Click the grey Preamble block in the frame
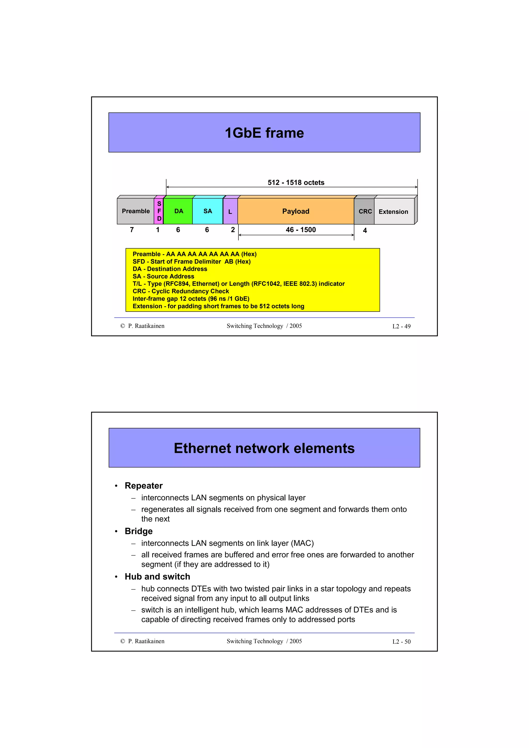[136, 211]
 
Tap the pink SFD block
[159, 211]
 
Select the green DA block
[178, 211]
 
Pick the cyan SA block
[208, 211]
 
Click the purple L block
[230, 211]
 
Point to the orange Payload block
[296, 211]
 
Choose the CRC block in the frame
[365, 211]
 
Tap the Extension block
[393, 212]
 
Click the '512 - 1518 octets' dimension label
[296, 182]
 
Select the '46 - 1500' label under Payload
[300, 230]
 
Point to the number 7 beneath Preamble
[132, 230]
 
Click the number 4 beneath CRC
[365, 230]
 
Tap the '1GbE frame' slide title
[264, 133]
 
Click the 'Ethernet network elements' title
[264, 448]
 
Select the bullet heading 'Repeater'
[143, 486]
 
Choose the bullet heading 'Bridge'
[138, 531]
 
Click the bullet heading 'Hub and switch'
[157, 576]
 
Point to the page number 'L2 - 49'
[401, 326]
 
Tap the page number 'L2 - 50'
[401, 641]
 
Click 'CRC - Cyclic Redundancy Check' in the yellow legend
[181, 291]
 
